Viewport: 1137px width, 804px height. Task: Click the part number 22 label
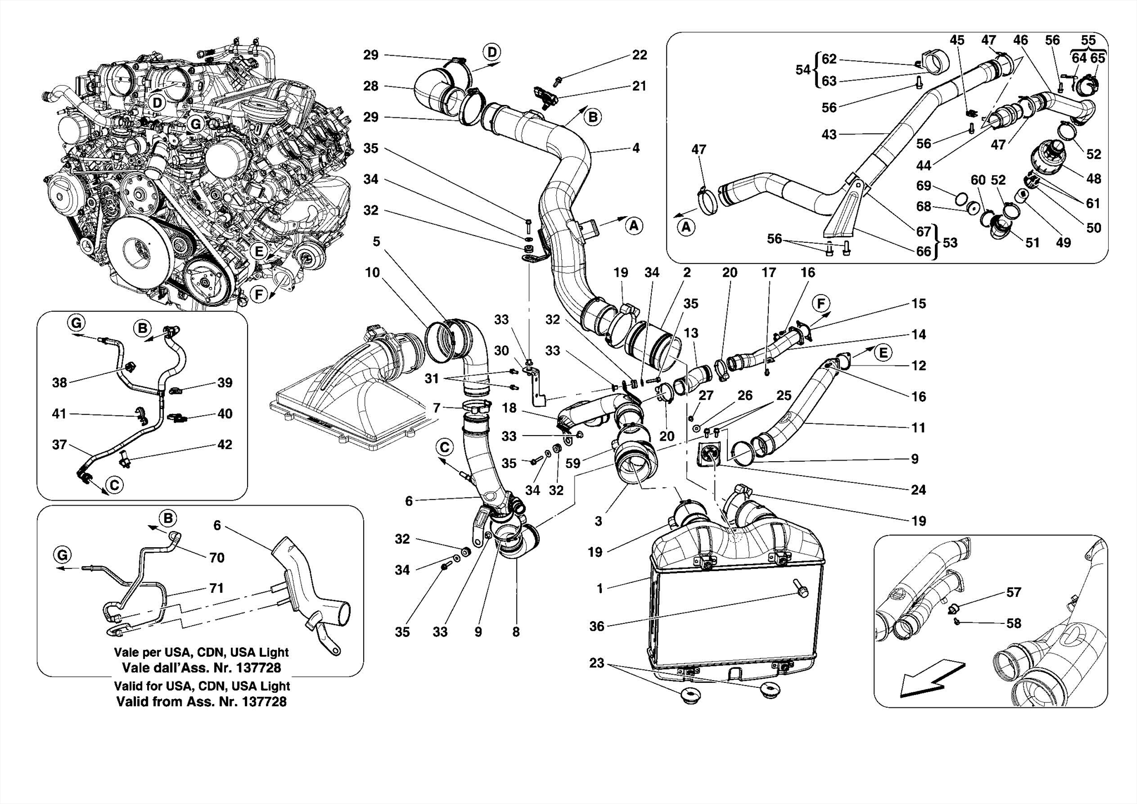coord(640,55)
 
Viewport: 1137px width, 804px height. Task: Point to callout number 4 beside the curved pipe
coord(636,148)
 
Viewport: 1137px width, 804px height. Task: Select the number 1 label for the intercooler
coord(600,588)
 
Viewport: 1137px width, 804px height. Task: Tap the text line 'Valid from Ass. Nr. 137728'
coord(201,702)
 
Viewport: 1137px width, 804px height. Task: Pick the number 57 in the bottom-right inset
coord(1013,592)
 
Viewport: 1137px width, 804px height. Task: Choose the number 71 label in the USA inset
coord(217,588)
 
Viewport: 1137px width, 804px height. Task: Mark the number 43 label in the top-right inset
coord(829,134)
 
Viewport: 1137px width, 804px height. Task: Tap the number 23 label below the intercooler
coord(596,663)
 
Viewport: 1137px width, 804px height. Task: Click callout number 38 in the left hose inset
coord(59,382)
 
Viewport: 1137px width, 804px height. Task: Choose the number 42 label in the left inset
coord(224,445)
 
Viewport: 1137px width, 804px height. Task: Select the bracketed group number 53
coord(950,243)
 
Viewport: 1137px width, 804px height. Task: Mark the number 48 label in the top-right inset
coord(1093,179)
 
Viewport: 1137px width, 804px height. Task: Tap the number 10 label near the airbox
coord(372,273)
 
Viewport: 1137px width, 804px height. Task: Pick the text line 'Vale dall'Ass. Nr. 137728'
coord(201,668)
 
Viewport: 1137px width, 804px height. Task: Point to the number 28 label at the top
coord(371,86)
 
